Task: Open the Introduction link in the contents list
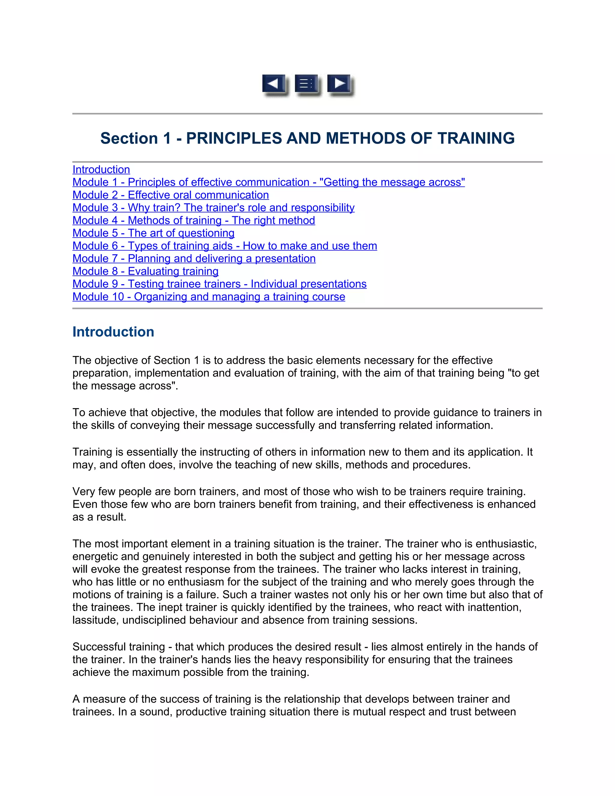click(x=101, y=170)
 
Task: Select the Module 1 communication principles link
click(x=268, y=182)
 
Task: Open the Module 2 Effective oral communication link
click(x=171, y=195)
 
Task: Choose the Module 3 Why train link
click(x=213, y=208)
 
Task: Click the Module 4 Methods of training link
click(x=193, y=220)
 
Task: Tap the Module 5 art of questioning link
click(x=153, y=233)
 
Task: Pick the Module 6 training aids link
click(x=224, y=246)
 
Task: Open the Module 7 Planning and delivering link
click(x=194, y=259)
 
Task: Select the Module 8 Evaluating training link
click(x=145, y=272)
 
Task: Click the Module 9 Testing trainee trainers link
click(x=219, y=284)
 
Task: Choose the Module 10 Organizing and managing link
click(x=209, y=297)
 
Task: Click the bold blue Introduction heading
click(x=113, y=332)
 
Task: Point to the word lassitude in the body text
click(x=95, y=620)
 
